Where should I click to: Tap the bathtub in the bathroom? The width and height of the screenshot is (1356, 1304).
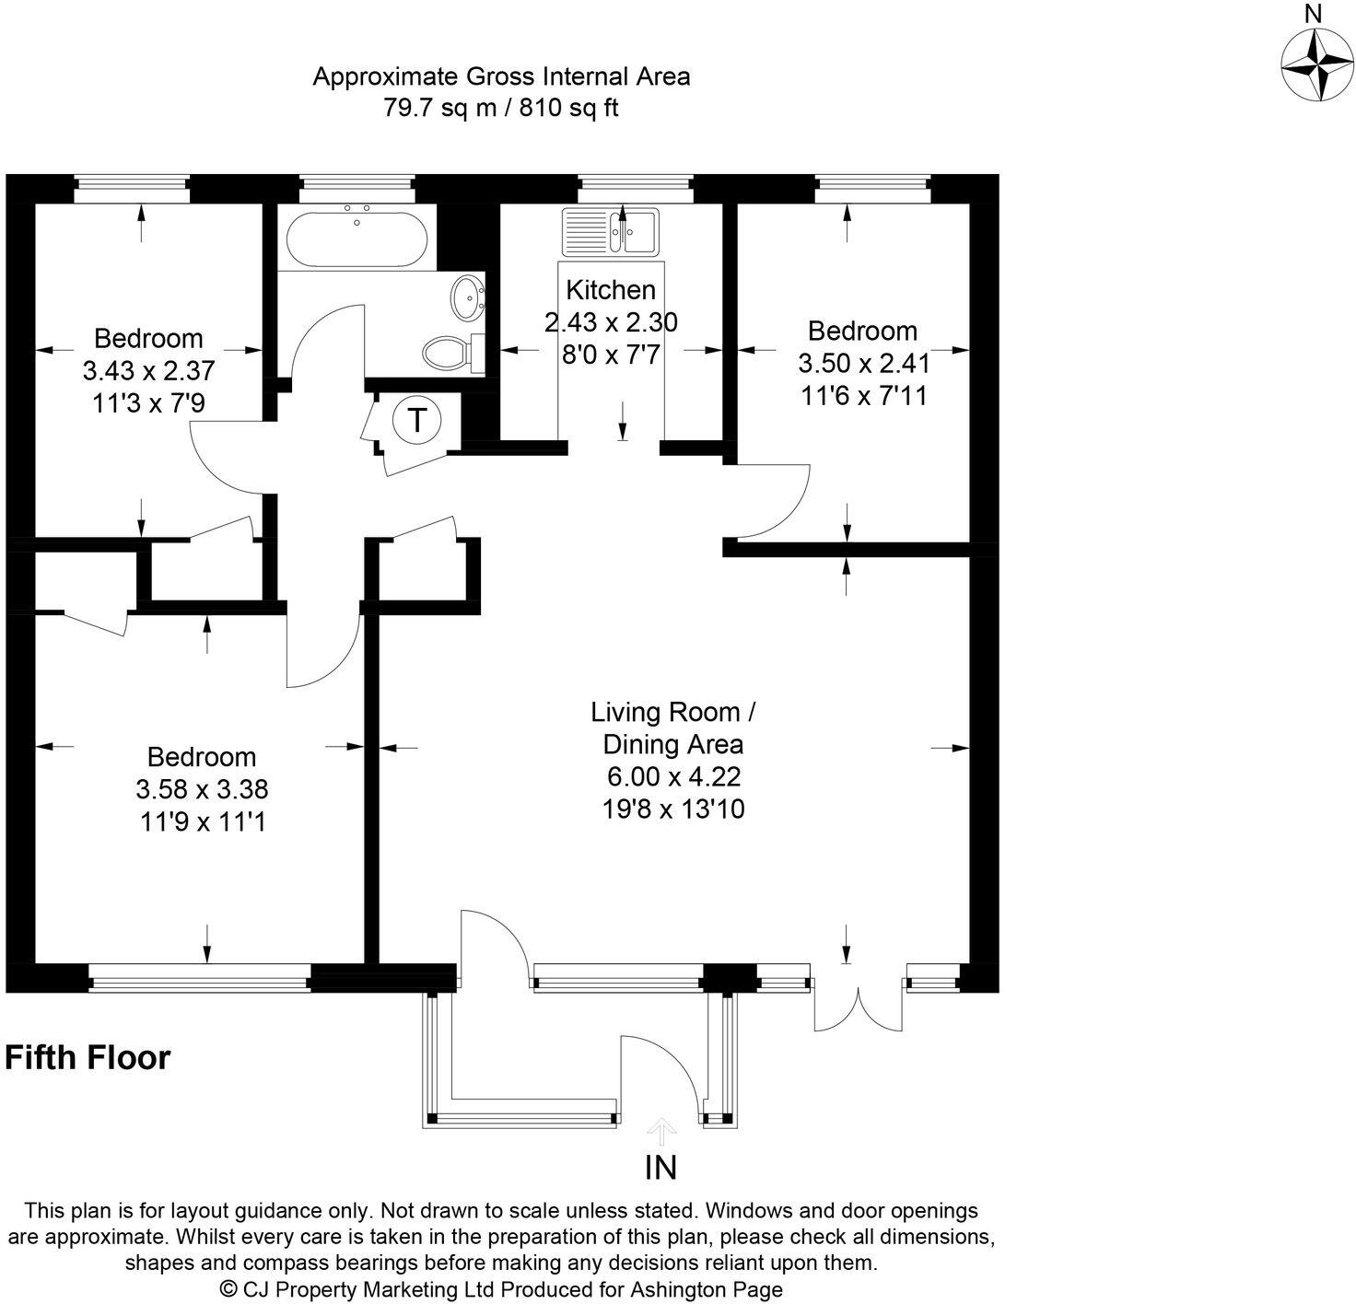(x=357, y=240)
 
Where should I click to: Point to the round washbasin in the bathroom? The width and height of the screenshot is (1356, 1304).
(x=468, y=298)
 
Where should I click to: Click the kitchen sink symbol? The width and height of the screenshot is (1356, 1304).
(x=610, y=231)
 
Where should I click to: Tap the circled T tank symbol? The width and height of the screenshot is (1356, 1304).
(x=416, y=420)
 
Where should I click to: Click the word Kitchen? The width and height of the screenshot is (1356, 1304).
(x=611, y=290)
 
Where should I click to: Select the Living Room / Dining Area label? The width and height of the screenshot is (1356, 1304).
(x=673, y=728)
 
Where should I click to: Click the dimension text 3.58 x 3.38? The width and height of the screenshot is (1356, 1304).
(x=202, y=789)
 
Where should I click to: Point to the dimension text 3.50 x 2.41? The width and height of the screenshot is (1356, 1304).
(x=864, y=363)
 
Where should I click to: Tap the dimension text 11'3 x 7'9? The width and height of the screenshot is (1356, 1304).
(x=149, y=402)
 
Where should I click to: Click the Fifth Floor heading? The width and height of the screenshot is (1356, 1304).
(x=88, y=1056)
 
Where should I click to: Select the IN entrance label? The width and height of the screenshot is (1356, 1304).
(x=660, y=1168)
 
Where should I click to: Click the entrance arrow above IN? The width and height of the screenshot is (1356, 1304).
(x=660, y=1132)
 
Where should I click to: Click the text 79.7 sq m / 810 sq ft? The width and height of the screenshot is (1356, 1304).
(x=501, y=108)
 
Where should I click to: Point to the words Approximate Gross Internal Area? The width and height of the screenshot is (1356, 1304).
(x=501, y=76)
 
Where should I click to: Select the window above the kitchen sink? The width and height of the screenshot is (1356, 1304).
(x=636, y=188)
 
